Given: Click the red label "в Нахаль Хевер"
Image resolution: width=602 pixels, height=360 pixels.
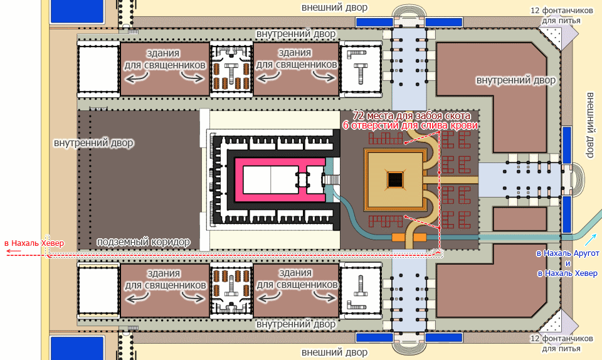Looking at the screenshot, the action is click(x=34, y=243).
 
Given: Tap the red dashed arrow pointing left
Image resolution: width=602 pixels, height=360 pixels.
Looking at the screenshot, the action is click(x=13, y=252).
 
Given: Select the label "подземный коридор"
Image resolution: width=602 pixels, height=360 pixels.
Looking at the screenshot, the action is click(x=143, y=242).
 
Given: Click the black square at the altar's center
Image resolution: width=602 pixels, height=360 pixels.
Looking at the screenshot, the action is click(x=395, y=179).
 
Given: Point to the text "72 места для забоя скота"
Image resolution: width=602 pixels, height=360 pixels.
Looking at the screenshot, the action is click(x=411, y=115).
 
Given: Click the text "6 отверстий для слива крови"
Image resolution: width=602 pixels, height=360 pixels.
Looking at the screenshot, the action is click(x=410, y=125).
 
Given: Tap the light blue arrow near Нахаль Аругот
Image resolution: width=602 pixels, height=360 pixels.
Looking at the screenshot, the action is click(x=591, y=240).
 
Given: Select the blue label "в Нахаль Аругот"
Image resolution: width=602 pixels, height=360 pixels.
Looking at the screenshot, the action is click(x=568, y=253).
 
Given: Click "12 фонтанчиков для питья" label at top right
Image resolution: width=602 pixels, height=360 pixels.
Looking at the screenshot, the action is click(x=561, y=15).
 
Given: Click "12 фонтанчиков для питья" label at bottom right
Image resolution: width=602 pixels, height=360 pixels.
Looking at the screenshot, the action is click(x=561, y=344).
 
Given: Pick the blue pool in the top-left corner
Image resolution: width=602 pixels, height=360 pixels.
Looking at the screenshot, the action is click(x=77, y=11).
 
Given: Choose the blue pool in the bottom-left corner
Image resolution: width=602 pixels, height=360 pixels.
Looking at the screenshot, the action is click(x=77, y=348).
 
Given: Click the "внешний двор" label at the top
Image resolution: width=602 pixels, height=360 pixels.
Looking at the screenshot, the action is click(x=334, y=8).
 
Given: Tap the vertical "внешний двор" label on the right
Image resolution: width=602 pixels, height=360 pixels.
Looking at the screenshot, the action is click(x=589, y=125).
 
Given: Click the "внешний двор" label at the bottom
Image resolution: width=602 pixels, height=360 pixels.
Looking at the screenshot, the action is click(x=334, y=352).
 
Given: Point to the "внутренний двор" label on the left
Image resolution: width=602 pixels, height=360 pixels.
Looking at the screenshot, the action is click(x=93, y=143).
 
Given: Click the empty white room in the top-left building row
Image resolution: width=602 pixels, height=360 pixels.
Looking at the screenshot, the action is click(x=98, y=69).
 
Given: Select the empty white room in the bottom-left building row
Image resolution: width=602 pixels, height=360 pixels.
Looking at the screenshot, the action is click(x=98, y=291).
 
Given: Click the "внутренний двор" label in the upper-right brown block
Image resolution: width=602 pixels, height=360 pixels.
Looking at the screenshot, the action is click(x=515, y=80).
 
